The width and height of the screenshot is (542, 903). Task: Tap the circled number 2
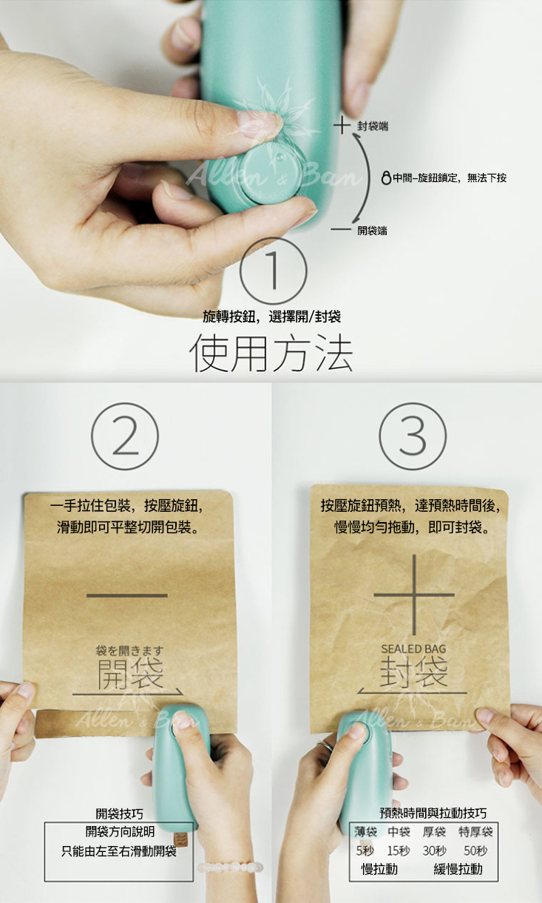[x=125, y=436]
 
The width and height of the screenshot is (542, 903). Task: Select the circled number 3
[x=413, y=436]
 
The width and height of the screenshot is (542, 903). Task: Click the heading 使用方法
[x=271, y=354]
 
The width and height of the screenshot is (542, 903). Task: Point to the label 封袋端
[x=373, y=126]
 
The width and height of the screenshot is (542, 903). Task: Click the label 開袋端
[x=373, y=230]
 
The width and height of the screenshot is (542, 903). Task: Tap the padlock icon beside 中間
[x=386, y=177]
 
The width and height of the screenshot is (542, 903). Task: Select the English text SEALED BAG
[x=413, y=649]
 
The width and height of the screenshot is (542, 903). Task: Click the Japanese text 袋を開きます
[x=129, y=650]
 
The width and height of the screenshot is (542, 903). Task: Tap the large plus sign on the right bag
[x=414, y=595]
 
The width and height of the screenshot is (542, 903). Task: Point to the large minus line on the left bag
[x=127, y=595]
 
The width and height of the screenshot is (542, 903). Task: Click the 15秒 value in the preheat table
[x=399, y=850]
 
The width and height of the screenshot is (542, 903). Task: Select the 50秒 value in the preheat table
[x=475, y=850]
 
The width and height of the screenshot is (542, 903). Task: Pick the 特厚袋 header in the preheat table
[x=475, y=831]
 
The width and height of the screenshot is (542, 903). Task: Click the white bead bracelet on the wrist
[x=230, y=867]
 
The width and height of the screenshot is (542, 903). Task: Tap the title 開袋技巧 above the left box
[x=119, y=814]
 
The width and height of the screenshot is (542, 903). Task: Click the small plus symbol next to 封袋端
[x=342, y=125]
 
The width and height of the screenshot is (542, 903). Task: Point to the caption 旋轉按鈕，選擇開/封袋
[x=271, y=317]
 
